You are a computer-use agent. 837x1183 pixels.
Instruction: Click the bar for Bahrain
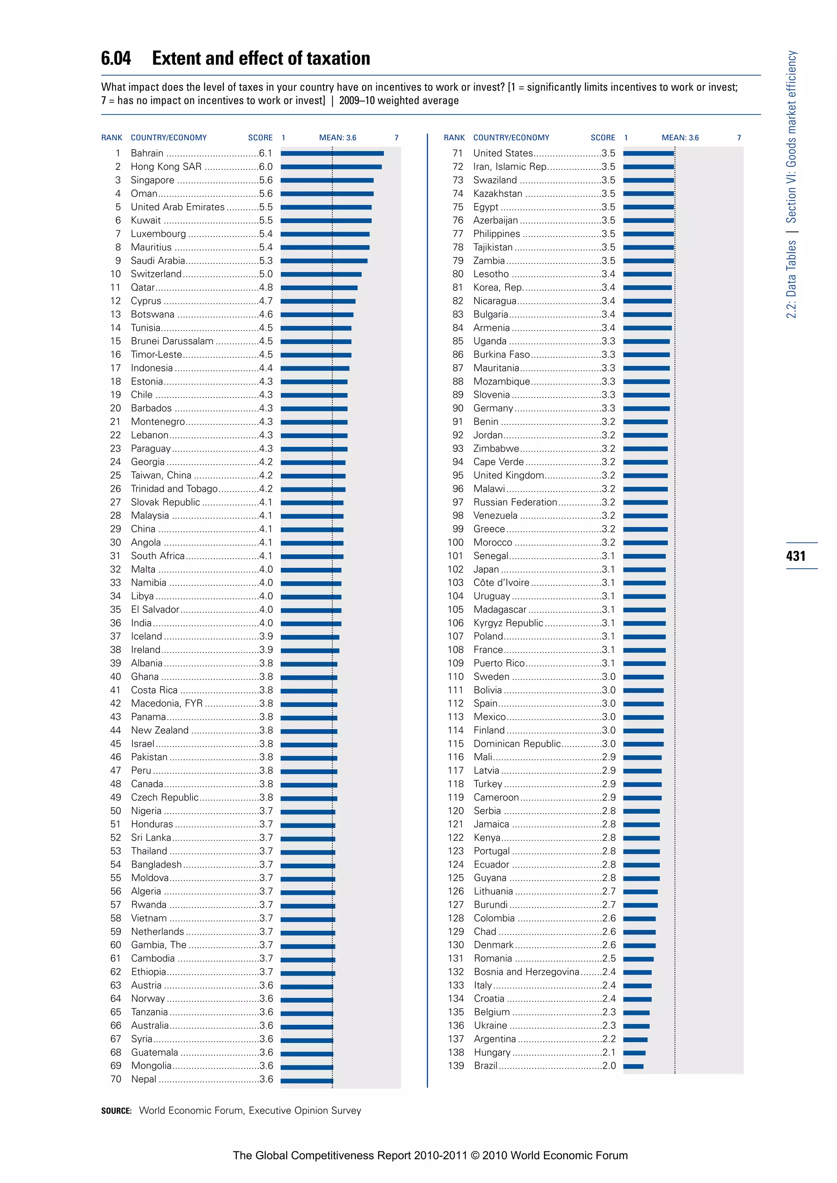point(332,153)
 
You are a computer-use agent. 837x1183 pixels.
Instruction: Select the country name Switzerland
point(156,274)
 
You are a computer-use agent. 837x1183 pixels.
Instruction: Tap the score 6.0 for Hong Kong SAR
point(265,166)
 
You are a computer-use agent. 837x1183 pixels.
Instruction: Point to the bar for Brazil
point(633,1066)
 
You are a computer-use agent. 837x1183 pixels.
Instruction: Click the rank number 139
point(456,1065)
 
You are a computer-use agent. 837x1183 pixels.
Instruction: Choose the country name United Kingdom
point(508,475)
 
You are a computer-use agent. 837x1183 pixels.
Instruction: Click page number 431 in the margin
point(795,556)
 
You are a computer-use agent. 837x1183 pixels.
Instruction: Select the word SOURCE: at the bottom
point(116,1111)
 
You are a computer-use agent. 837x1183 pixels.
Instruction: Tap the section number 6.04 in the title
point(116,59)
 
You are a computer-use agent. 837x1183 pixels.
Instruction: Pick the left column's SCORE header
point(260,138)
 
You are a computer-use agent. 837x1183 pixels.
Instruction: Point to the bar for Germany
point(646,408)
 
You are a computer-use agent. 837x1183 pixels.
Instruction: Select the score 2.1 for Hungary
point(609,1052)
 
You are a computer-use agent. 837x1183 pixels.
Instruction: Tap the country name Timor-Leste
point(156,355)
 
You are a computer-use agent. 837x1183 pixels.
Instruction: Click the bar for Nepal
point(307,1079)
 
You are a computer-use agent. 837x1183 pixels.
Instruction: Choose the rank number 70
point(116,1079)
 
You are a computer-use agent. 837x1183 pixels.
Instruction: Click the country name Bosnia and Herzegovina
point(526,972)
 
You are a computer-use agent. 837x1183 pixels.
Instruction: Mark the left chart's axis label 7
point(396,138)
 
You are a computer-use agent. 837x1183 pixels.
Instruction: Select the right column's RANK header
point(454,138)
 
